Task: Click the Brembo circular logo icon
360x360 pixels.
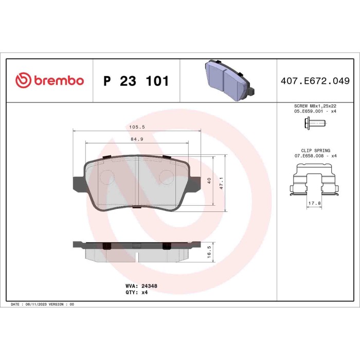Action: coord(24,81)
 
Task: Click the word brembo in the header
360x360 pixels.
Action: coord(58,81)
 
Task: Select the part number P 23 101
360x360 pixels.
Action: coord(136,81)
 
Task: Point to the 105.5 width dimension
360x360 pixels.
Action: coord(136,127)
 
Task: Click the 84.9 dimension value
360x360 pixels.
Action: coord(136,138)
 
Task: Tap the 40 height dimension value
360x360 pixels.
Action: coord(209,181)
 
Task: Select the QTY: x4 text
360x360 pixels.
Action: coord(137,292)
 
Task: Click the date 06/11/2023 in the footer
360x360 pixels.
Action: coord(38,304)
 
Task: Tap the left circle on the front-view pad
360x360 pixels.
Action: coord(107,177)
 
